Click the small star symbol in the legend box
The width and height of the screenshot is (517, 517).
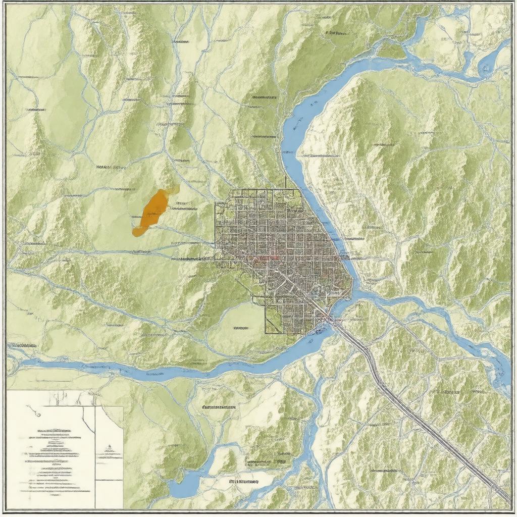point(108,447)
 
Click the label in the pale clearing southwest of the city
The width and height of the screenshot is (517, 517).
point(241,328)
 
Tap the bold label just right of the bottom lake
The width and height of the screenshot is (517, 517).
point(244,482)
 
